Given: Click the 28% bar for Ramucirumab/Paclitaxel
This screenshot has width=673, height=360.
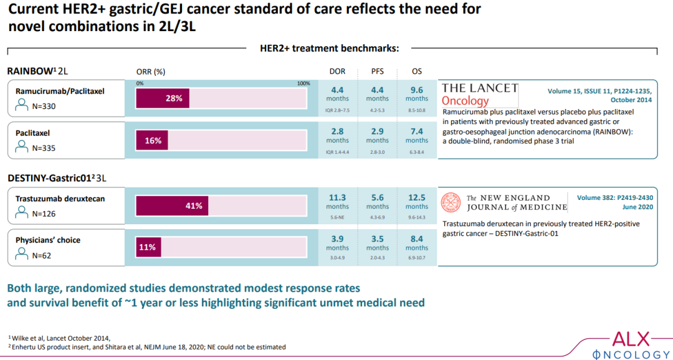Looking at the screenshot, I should pos(163,98).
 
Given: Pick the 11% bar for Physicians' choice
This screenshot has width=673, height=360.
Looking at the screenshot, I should pos(148,247).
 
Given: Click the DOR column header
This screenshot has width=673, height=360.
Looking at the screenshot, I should pos(337,72).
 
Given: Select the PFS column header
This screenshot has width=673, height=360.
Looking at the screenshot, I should pos(378,72).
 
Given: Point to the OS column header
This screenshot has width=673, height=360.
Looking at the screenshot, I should pos(417,72).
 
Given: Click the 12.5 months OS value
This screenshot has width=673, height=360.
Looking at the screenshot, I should pos(417,201).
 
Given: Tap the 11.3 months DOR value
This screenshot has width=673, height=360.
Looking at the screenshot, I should pos(337,201).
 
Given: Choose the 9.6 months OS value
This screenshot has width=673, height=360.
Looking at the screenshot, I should pos(417,93).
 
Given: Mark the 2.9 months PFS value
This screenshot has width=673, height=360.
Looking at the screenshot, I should pos(378,136).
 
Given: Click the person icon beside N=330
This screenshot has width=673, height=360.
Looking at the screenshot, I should pos(22,105).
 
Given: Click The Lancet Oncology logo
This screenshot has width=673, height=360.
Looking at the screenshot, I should pos(480,94).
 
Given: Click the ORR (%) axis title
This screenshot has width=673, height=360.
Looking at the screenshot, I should pos(150,72).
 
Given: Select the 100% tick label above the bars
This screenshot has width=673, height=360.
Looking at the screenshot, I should pos(303,83).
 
